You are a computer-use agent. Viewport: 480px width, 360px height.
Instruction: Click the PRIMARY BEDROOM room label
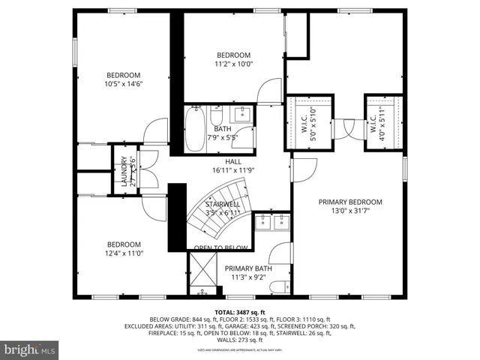pos(350,202)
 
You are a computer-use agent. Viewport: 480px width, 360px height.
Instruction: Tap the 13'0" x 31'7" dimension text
pos(350,211)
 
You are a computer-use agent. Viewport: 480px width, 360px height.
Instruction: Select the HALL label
pos(232,161)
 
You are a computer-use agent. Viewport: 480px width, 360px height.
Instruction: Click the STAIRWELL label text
pos(223,203)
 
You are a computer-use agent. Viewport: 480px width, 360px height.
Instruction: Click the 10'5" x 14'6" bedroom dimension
pos(124,84)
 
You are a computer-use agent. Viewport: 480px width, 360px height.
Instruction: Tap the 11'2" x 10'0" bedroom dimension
pos(235,64)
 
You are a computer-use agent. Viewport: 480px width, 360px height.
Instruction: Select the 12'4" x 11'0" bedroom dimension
pos(124,253)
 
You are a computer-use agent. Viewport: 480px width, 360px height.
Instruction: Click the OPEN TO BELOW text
pos(221,248)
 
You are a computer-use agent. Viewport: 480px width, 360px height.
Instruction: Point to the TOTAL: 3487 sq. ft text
pos(239,311)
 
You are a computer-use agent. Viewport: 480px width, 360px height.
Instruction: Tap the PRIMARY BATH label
pos(248,268)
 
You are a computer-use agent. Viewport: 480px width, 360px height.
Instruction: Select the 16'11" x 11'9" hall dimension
pos(232,170)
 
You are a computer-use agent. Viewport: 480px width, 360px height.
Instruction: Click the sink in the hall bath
pos(243,115)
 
